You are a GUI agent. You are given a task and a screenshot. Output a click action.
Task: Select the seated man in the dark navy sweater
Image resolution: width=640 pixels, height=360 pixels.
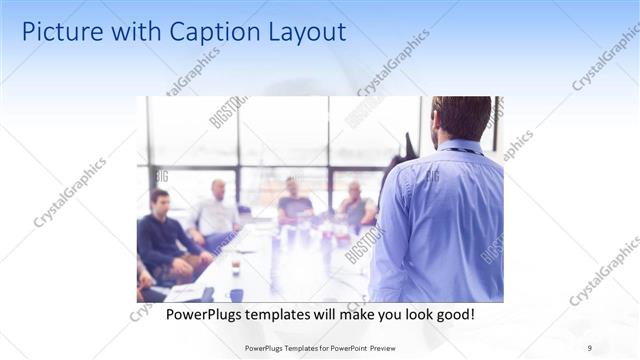click(x=162, y=240)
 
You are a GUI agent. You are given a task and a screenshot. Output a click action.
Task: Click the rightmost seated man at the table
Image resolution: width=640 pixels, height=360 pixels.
click(x=354, y=205)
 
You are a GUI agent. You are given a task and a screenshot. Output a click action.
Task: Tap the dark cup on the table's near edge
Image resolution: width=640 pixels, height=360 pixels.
click(x=236, y=294)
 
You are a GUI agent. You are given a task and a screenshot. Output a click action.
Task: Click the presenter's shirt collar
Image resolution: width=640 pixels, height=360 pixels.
click(x=460, y=147)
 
